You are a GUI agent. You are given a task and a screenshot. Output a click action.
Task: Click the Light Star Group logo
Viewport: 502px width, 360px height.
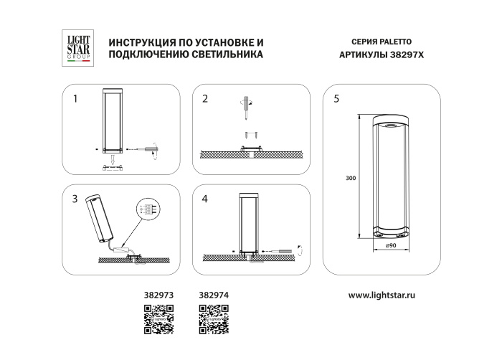(x=73, y=48)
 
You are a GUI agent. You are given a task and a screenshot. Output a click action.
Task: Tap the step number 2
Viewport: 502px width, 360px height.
(x=205, y=99)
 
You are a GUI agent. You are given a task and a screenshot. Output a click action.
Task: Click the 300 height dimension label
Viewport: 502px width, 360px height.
(x=350, y=178)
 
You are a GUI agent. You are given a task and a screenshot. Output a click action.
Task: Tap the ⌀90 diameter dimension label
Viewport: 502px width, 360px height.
(x=391, y=246)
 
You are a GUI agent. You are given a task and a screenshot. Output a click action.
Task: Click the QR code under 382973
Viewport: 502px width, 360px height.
(x=159, y=319)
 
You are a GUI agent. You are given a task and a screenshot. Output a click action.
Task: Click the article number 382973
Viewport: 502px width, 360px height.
(x=159, y=295)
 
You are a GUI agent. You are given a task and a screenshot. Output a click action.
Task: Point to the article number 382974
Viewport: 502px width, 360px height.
(x=212, y=295)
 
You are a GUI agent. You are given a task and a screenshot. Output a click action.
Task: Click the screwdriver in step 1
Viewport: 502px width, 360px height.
(x=152, y=149)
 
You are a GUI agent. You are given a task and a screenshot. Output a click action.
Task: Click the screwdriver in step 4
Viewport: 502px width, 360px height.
(x=285, y=250)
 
